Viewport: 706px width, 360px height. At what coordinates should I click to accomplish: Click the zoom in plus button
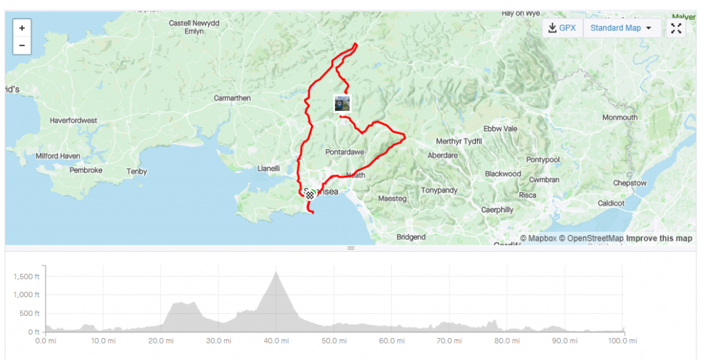pos(22,28)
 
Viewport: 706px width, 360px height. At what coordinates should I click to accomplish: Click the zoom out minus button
pos(22,46)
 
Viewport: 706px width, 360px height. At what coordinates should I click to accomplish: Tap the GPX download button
pos(562,28)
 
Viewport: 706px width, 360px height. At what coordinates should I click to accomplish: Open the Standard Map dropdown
pos(621,28)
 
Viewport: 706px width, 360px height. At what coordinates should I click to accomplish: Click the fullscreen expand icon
pos(676,28)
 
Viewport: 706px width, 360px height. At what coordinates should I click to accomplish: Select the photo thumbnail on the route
pos(342,103)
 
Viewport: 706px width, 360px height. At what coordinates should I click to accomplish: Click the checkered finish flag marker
pos(311,195)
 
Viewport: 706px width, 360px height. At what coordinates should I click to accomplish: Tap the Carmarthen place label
pos(232,99)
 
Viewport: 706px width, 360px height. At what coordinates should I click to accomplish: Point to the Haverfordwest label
pos(73,121)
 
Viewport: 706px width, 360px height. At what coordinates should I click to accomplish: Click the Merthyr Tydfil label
pos(459,141)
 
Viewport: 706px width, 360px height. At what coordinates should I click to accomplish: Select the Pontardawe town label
pos(345,152)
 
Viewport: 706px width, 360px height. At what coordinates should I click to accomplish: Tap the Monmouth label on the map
pos(620,118)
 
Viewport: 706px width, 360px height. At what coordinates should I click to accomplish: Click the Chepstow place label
pos(630,183)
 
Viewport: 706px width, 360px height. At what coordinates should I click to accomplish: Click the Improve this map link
pos(659,239)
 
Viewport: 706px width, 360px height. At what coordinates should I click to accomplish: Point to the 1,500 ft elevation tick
pos(27,277)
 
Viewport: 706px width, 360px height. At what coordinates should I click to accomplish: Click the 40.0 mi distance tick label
pos(275,341)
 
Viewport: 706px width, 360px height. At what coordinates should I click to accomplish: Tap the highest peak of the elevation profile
pos(276,272)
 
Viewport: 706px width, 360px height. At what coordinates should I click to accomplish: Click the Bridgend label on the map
pos(411,237)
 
